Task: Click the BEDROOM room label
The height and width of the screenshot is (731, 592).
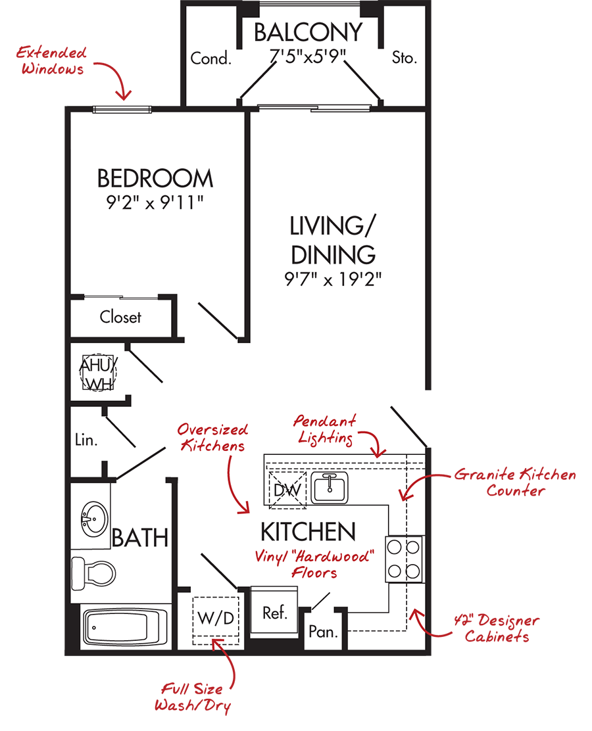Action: tap(155, 179)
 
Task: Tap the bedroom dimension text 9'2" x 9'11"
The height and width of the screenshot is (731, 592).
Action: tap(155, 202)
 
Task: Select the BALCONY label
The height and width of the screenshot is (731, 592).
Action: tap(308, 33)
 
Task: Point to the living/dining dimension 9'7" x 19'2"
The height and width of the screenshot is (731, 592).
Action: tap(333, 279)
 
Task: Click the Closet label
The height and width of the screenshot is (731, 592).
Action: tap(120, 317)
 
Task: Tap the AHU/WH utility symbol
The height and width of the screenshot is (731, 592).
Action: tap(97, 373)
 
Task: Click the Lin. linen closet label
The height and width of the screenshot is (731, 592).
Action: tap(86, 440)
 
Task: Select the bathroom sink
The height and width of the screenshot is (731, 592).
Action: tap(95, 519)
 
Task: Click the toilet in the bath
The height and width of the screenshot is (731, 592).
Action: tap(93, 573)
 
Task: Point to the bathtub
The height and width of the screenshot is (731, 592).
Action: tap(125, 627)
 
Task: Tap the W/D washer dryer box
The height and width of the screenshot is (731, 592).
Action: tap(216, 621)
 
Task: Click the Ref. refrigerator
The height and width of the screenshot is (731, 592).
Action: tap(274, 610)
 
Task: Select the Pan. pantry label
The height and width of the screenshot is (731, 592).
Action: tap(323, 632)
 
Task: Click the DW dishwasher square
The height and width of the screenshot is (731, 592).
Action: tap(287, 490)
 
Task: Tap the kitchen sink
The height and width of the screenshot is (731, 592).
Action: tap(330, 488)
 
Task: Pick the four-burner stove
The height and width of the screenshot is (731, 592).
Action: tap(405, 559)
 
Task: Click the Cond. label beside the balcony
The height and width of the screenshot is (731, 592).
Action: tap(211, 59)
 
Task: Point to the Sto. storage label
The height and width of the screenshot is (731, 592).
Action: tap(405, 57)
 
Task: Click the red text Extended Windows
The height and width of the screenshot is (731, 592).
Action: tap(52, 60)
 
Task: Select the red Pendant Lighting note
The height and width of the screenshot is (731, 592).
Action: tap(325, 429)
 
